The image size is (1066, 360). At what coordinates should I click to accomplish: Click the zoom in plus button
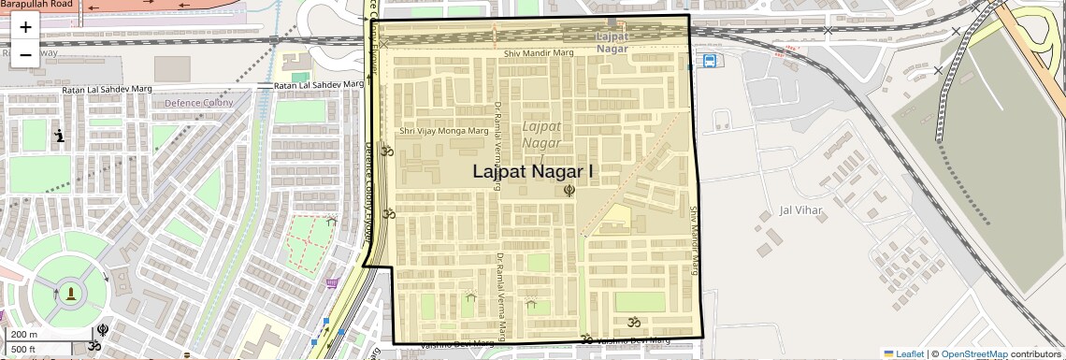click(x=25, y=27)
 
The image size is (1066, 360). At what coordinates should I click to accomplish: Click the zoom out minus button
click(x=25, y=54)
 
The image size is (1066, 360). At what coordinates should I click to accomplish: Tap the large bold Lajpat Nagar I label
click(x=533, y=171)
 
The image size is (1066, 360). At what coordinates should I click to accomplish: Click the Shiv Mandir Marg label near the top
click(x=538, y=53)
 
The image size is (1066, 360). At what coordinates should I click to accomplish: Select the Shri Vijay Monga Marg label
click(x=443, y=131)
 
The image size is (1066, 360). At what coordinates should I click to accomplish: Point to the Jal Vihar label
click(x=801, y=210)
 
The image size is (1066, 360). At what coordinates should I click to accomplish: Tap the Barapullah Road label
click(x=36, y=5)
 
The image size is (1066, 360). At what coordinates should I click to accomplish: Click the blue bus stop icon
click(x=710, y=62)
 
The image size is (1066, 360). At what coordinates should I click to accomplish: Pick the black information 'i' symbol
click(x=60, y=137)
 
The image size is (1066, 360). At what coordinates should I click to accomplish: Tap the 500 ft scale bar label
click(x=23, y=349)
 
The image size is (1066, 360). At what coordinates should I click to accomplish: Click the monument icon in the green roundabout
click(x=70, y=295)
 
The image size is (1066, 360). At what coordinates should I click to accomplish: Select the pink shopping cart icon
click(x=332, y=283)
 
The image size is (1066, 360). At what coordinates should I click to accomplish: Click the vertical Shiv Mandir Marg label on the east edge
click(x=694, y=240)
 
